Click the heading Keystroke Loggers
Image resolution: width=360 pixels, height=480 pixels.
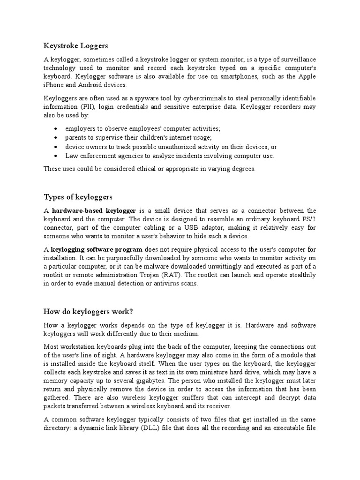[x=75, y=46]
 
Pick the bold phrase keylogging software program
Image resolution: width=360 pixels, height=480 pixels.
[x=97, y=249]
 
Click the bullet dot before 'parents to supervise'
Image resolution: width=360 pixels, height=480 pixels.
[x=56, y=138]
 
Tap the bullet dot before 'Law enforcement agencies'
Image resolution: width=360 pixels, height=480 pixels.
[x=56, y=156]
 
